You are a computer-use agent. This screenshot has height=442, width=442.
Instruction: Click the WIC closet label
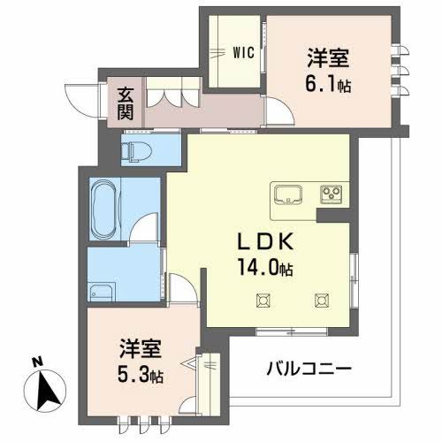click(244, 52)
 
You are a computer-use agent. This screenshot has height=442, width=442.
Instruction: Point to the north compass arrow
click(50, 385)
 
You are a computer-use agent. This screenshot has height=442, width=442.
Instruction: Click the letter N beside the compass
click(35, 361)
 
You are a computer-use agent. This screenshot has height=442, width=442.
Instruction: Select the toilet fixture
click(136, 151)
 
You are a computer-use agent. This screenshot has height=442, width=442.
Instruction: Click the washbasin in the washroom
click(103, 292)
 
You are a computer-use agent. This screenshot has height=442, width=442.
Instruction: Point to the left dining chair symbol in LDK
click(263, 301)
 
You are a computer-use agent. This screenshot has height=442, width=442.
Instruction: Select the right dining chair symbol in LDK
click(319, 301)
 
